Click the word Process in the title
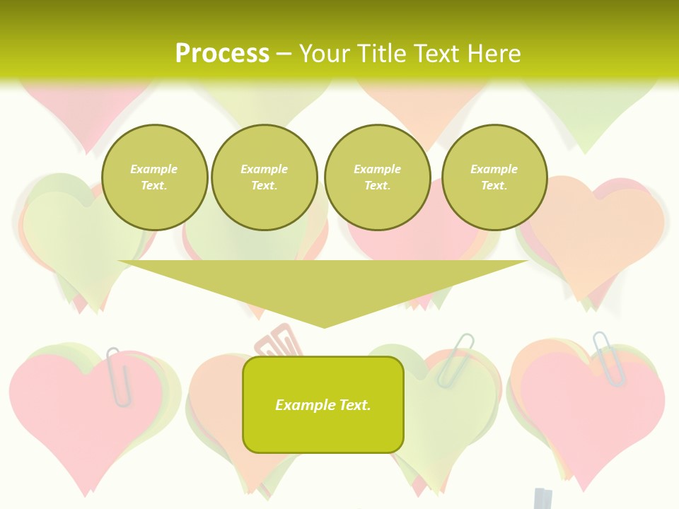click(222, 54)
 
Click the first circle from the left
click(154, 177)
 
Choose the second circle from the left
click(265, 177)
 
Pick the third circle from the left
click(377, 177)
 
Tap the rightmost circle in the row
click(494, 177)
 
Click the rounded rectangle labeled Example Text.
click(323, 404)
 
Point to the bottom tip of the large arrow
click(324, 325)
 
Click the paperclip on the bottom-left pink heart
click(119, 376)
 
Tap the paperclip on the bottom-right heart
click(609, 358)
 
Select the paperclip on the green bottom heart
click(455, 358)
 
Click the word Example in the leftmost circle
click(154, 169)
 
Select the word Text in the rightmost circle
click(494, 185)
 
